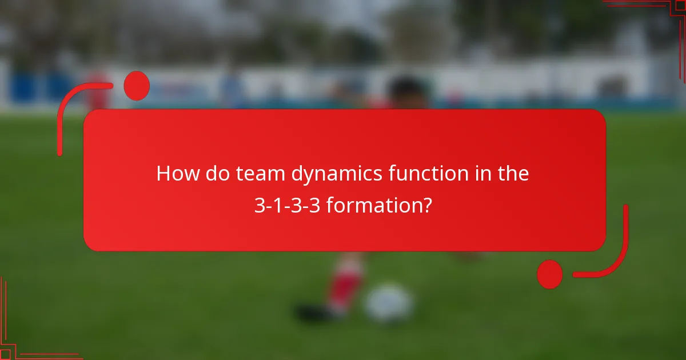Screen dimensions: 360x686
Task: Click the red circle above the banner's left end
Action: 137,86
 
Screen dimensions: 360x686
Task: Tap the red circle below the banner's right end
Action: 550,274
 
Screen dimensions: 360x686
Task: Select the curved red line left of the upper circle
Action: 71,109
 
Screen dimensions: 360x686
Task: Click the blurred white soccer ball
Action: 389,303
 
